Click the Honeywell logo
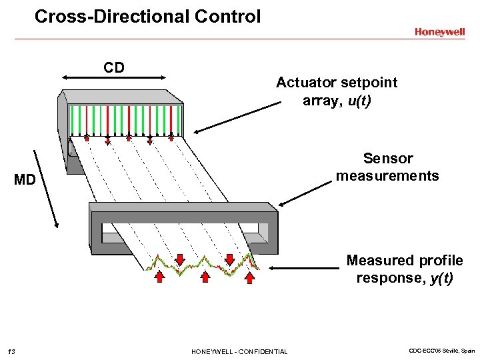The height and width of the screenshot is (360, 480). [x=439, y=31]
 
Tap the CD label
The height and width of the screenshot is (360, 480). [x=113, y=67]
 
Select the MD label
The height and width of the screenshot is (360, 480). [x=25, y=180]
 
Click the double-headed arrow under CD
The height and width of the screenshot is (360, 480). [x=113, y=79]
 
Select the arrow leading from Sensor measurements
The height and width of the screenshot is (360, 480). [x=304, y=193]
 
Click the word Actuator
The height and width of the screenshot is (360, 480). [x=306, y=83]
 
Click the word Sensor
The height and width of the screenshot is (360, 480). [x=388, y=159]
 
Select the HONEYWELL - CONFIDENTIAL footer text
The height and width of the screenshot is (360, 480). [x=239, y=351]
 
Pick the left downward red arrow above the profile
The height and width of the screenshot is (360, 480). [x=179, y=259]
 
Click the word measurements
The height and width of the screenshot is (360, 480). [x=387, y=176]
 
